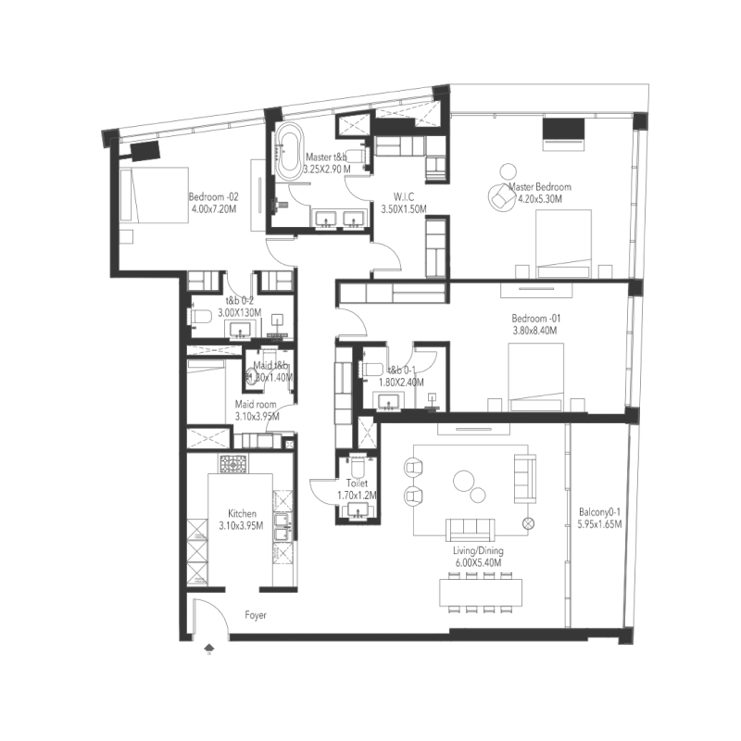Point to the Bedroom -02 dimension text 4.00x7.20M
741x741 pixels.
(215, 208)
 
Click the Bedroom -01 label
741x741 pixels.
(536, 320)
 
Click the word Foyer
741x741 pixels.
(257, 614)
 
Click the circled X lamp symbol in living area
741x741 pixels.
(529, 523)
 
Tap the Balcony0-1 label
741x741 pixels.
(600, 511)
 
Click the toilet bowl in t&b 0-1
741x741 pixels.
(369, 369)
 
